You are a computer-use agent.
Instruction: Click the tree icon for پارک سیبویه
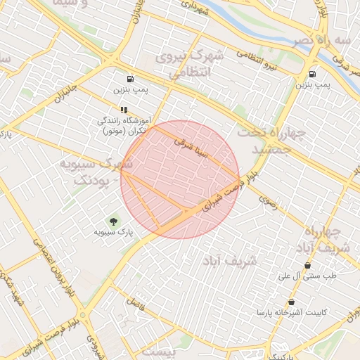point(115,222)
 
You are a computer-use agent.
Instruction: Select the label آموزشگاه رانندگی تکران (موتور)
point(123,125)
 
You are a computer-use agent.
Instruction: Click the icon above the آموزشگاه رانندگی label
point(124,110)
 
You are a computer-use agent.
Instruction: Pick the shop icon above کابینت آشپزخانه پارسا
point(291,302)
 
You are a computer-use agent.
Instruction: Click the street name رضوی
point(268,200)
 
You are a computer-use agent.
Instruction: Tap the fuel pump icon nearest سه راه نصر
point(311,73)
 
